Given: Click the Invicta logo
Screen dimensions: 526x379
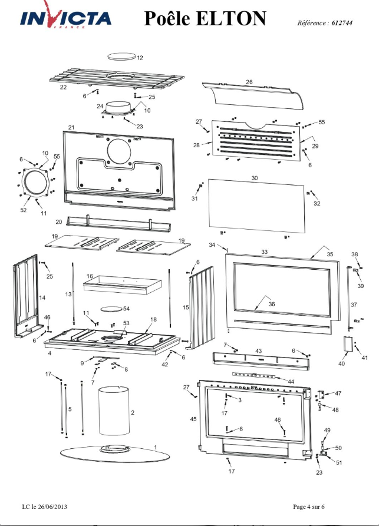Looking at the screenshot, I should [66, 18].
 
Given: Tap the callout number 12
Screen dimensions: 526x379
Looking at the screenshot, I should [140, 58].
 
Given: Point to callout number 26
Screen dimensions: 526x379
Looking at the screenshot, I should [249, 82].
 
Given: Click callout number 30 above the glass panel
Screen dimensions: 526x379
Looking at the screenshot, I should [255, 177].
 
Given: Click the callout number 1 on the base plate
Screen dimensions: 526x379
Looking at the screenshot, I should [155, 448].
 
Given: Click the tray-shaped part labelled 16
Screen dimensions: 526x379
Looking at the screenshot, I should [123, 286].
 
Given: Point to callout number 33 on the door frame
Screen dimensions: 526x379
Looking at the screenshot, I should [265, 252].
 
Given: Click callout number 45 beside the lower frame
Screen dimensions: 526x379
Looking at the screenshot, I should [193, 419].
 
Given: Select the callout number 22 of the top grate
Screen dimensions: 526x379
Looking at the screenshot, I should [63, 87].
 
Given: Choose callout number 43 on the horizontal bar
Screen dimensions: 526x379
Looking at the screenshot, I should [258, 350].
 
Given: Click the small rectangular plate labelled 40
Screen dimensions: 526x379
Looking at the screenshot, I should [347, 345].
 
